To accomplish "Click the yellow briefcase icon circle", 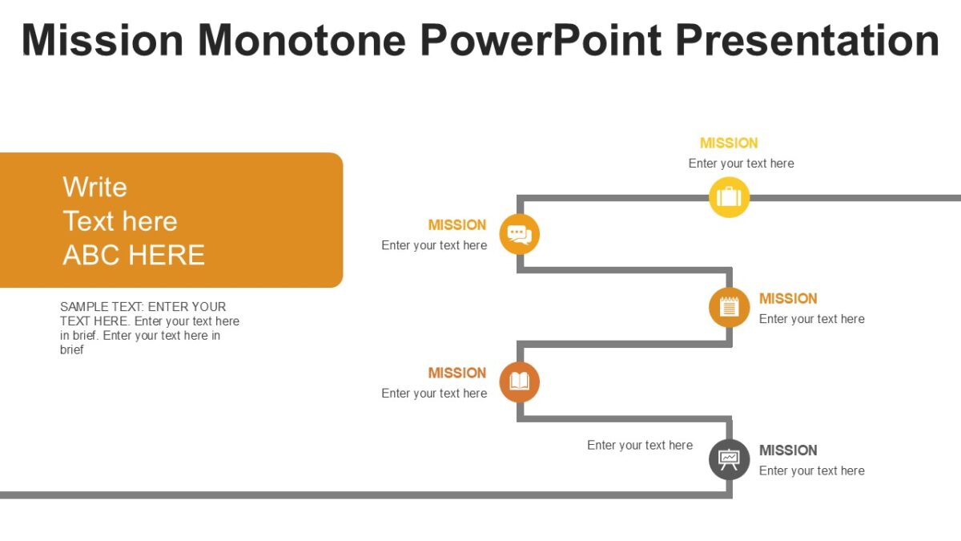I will tap(729, 197).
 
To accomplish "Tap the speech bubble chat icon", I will tap(519, 235).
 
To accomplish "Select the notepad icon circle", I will tap(729, 307).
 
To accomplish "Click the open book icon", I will tap(519, 382).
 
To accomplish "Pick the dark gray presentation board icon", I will tap(729, 459).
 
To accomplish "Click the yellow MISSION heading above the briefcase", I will tap(728, 143).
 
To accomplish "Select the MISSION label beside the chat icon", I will tap(456, 225).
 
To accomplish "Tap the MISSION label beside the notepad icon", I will tap(788, 299).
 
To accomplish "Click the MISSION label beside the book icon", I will tap(456, 373).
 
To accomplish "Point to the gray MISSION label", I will tap(788, 450).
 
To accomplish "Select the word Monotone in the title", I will tap(302, 40).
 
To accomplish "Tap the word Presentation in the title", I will tap(806, 40).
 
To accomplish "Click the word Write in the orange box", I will tap(94, 188).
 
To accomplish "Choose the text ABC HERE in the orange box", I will tap(134, 255).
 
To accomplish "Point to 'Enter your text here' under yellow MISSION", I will tap(741, 164).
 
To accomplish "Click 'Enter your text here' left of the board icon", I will tap(639, 446).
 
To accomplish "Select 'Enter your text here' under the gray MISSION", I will tap(811, 471).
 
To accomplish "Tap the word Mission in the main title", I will tap(103, 40).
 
